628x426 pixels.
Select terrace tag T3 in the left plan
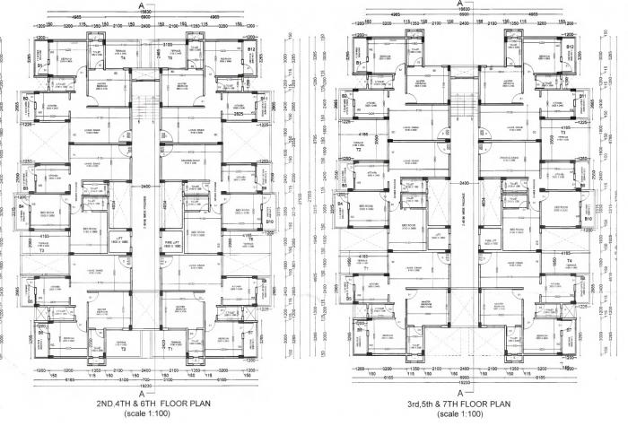[x=42, y=252]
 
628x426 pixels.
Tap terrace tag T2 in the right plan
[x=357, y=149]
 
